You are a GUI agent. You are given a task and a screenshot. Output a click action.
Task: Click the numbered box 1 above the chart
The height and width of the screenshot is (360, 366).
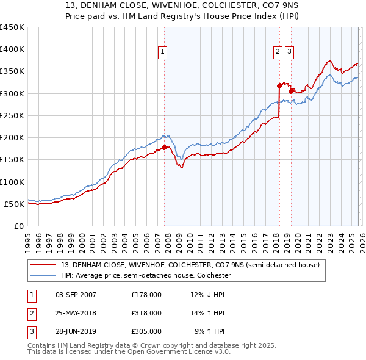[163, 53]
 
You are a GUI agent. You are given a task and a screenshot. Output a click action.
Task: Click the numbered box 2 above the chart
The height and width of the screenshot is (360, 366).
[278, 53]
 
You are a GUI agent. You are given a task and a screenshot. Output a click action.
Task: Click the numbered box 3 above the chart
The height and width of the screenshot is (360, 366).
[289, 53]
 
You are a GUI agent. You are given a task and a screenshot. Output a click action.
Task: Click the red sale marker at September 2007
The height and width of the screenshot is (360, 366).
[164, 147]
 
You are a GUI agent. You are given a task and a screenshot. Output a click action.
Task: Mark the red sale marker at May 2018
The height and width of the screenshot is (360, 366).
[279, 85]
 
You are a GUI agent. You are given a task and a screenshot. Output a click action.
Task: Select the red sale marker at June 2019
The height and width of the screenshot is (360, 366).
[291, 91]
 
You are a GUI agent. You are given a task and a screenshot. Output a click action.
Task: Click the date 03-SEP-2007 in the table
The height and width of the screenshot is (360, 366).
[76, 295]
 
